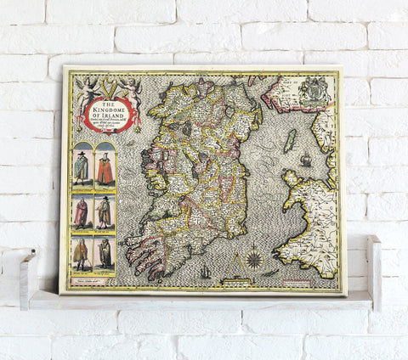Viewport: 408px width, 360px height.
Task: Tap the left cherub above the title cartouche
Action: (x=86, y=87)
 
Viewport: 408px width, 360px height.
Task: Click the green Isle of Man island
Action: (x=291, y=141)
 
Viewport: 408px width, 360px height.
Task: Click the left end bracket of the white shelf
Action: (x=28, y=276)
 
